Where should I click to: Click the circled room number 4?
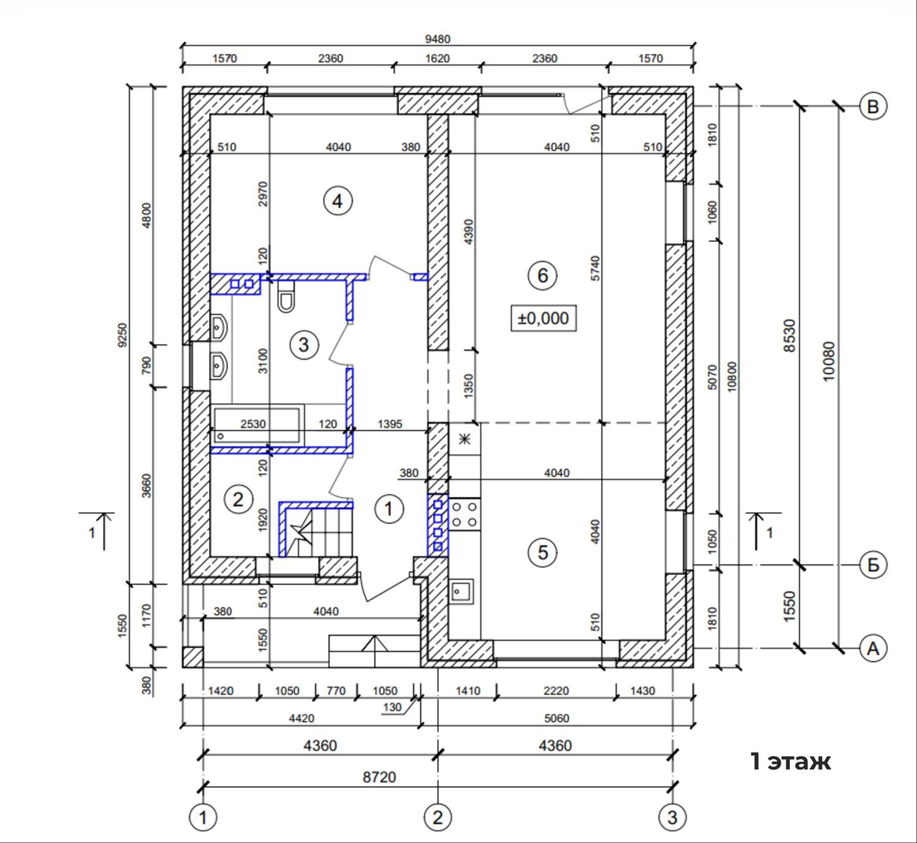[x=338, y=201]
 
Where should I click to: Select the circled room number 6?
[x=543, y=276]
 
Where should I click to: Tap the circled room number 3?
[x=304, y=345]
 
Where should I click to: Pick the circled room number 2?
[x=238, y=499]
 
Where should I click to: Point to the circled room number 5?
[x=543, y=552]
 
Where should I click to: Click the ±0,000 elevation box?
[x=543, y=318]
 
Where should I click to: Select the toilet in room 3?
[x=286, y=296]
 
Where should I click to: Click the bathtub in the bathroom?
[x=257, y=425]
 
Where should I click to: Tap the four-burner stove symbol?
[x=465, y=514]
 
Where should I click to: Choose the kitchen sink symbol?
[x=461, y=592]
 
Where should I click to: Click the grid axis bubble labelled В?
[x=872, y=106]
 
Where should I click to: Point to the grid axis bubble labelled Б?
[x=872, y=565]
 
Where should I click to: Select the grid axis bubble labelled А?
[x=872, y=648]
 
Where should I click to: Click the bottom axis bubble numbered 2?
[x=438, y=817]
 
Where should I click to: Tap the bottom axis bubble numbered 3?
[x=672, y=817]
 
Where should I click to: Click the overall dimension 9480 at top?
[x=438, y=39]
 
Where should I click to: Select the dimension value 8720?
[x=379, y=777]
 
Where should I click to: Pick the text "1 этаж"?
[x=790, y=761]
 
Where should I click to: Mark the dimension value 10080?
[x=828, y=361]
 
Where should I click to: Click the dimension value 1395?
[x=390, y=424]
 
